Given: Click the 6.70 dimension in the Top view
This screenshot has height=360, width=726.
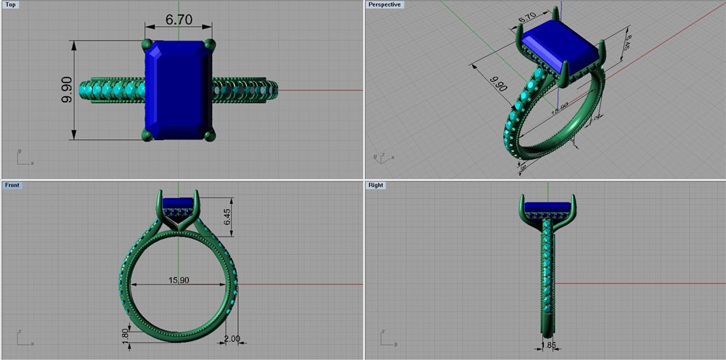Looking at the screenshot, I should [x=179, y=20].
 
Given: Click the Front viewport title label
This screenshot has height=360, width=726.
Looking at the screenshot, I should [x=12, y=185].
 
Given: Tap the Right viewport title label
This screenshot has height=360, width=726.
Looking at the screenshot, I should [x=376, y=185].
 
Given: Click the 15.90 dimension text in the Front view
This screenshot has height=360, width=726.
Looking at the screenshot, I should [x=178, y=280].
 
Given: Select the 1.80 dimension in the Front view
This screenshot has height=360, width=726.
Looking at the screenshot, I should [x=125, y=335].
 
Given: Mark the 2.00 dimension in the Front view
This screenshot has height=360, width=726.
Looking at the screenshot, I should [x=232, y=339].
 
